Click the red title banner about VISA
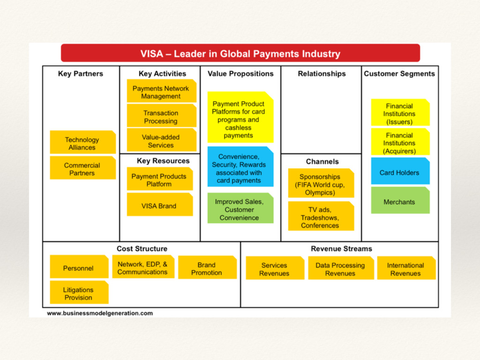click(x=240, y=53)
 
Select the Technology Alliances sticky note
click(x=82, y=143)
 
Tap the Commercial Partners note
click(x=82, y=169)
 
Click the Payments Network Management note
click(x=161, y=92)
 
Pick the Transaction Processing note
click(x=161, y=117)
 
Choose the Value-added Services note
click(x=161, y=141)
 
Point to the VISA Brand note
click(x=159, y=205)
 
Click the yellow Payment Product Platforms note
click(x=240, y=119)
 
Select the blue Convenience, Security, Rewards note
click(x=240, y=168)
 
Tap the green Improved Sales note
click(x=240, y=209)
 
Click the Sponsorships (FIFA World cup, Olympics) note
click(x=321, y=184)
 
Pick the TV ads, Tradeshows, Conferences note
click(x=321, y=217)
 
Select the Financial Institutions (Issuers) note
click(x=400, y=113)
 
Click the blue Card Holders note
click(x=400, y=172)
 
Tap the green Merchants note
click(x=400, y=202)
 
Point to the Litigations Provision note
click(x=79, y=293)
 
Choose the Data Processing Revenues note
click(x=340, y=269)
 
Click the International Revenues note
click(x=406, y=269)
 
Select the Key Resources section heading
click(x=163, y=161)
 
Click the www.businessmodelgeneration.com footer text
click(x=100, y=313)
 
